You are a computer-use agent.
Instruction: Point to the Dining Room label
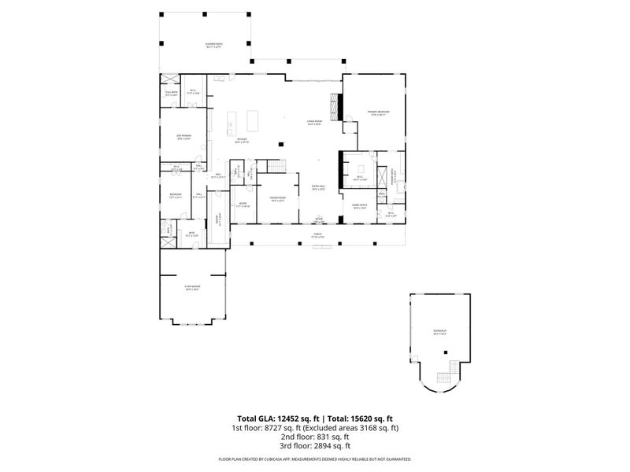[277, 199]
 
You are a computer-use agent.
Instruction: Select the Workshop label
[440, 331]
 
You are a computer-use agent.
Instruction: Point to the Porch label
[317, 234]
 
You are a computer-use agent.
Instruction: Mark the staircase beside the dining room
[276, 166]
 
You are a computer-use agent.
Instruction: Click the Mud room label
[191, 234]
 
